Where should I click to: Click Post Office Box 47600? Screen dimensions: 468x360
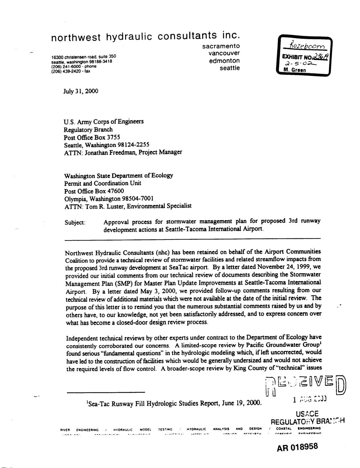pos(94,191)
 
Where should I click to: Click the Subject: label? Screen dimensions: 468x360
pos(75,222)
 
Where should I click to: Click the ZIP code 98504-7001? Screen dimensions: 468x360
pos(137,199)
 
